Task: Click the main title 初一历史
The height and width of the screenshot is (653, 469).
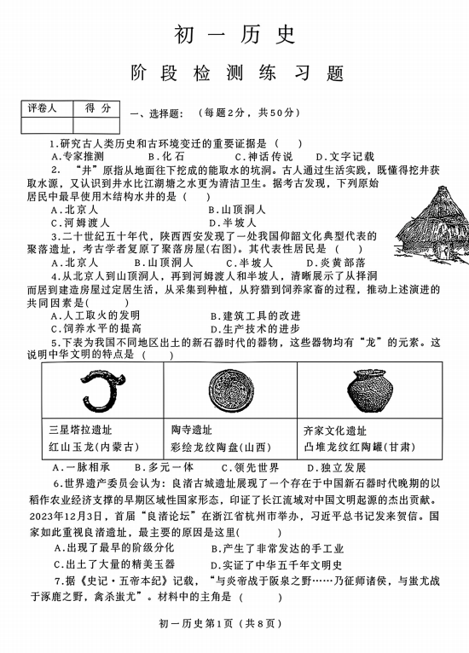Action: (x=234, y=33)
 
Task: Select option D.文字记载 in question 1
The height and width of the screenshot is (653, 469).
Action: (x=345, y=157)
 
